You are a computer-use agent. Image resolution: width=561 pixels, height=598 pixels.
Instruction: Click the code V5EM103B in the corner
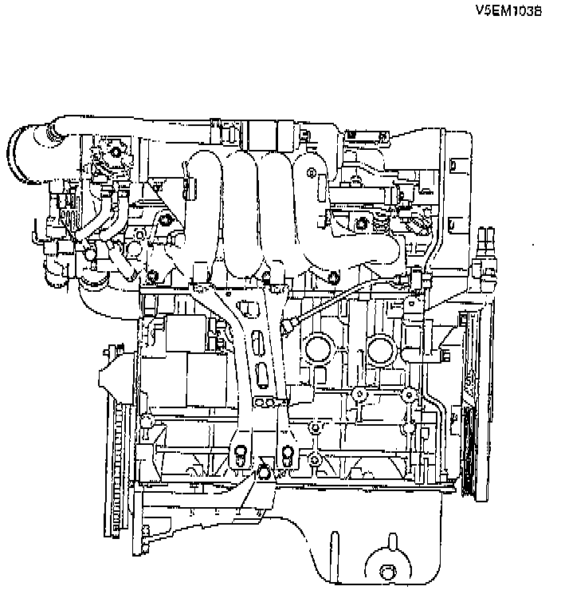pyautogui.click(x=508, y=11)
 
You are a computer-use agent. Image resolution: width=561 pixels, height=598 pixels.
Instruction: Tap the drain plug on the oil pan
pyautogui.click(x=388, y=572)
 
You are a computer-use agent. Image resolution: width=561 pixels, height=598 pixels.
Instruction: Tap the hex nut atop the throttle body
pyautogui.click(x=117, y=149)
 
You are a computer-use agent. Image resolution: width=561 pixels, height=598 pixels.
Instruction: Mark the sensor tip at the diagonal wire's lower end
pyautogui.click(x=289, y=325)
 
